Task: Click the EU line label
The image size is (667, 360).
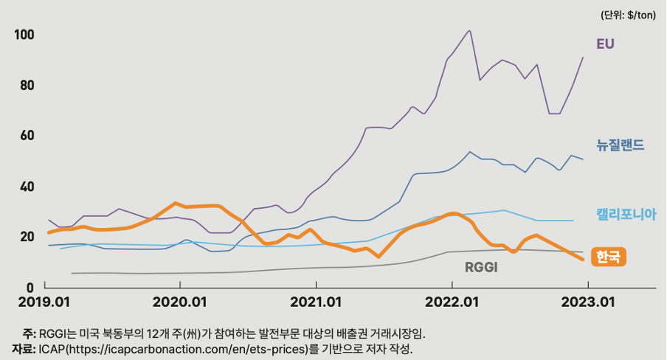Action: point(605,44)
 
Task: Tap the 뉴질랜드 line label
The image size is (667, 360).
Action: point(621,145)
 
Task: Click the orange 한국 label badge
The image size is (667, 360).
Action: point(609,257)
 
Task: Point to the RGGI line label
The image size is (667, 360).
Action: point(481,267)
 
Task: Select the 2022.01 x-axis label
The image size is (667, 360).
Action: point(451,302)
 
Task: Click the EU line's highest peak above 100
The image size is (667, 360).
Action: point(470,31)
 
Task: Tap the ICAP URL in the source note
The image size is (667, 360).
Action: point(187,348)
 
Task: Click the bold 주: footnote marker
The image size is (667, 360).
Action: point(29,333)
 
